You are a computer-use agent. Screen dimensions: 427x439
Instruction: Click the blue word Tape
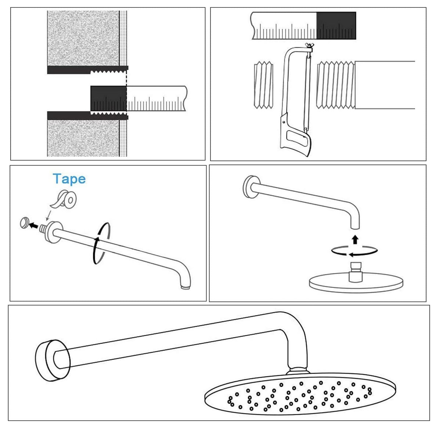coord(69,179)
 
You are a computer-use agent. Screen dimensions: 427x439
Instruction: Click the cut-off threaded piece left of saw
coord(263,85)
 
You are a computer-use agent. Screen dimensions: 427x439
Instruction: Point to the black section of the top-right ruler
coord(336,25)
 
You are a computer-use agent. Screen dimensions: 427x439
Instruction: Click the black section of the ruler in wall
coord(108,98)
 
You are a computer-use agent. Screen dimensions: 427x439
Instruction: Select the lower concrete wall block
coord(83,138)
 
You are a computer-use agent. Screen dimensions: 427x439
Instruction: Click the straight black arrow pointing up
coord(355,239)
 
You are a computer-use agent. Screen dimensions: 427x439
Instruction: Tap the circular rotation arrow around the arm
coord(101,243)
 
